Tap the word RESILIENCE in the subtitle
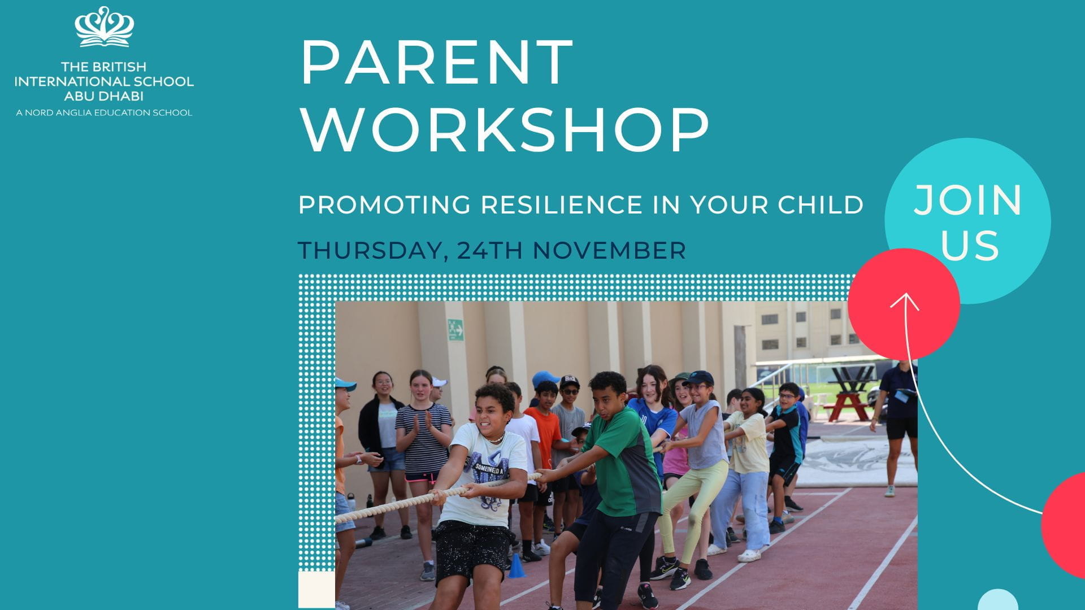562,205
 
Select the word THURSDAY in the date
369,251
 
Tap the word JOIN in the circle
968,201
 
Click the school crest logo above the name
105,27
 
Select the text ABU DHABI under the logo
104,96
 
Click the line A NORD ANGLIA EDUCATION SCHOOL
104,113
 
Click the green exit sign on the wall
455,330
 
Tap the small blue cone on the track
516,566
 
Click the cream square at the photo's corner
316,589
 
